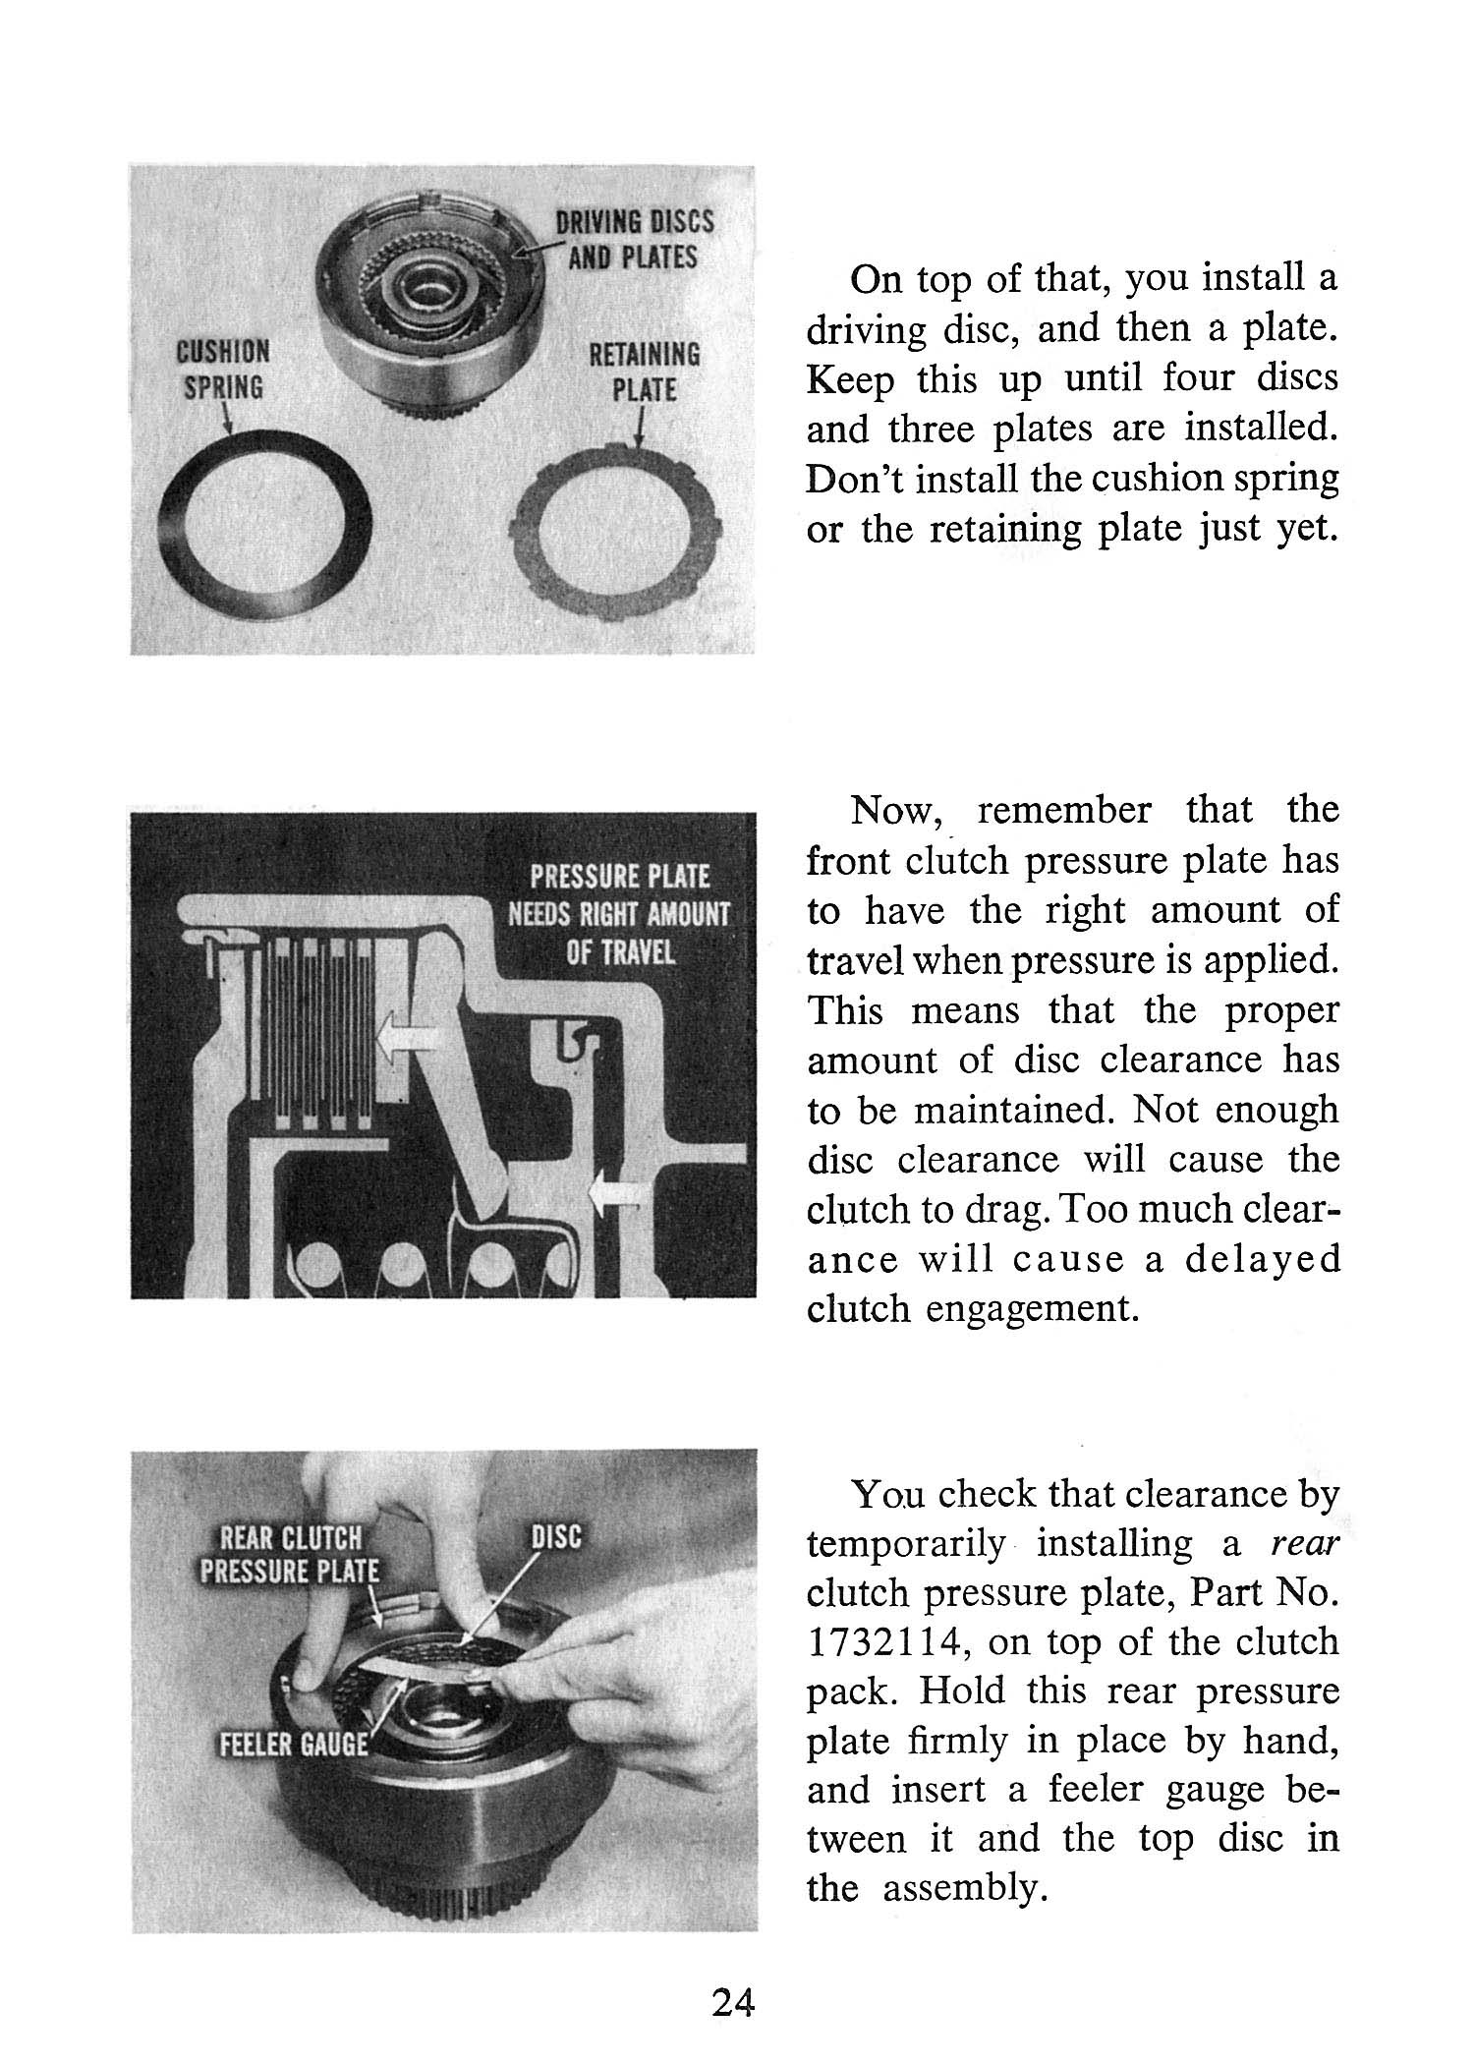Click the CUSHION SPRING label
point(223,370)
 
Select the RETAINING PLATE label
point(644,372)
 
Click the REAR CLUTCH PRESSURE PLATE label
point(290,1554)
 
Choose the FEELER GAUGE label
point(293,1745)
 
